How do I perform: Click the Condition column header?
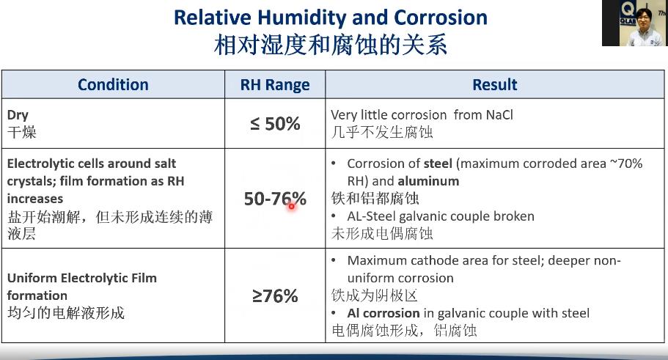tap(113, 85)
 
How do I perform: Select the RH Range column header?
tap(275, 85)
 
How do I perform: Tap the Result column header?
tap(495, 85)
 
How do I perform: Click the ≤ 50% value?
tap(275, 124)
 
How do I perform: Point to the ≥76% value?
tap(275, 296)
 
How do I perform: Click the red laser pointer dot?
tap(291, 206)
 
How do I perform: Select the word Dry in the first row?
tap(18, 115)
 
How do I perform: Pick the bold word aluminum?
tap(428, 181)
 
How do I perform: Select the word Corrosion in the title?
tap(441, 18)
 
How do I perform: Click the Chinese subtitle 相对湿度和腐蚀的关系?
tap(331, 45)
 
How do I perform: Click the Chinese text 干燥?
tap(22, 132)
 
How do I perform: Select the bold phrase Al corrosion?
tap(383, 313)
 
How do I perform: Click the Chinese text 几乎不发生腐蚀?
tap(382, 132)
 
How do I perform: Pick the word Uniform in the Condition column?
tap(32, 278)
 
